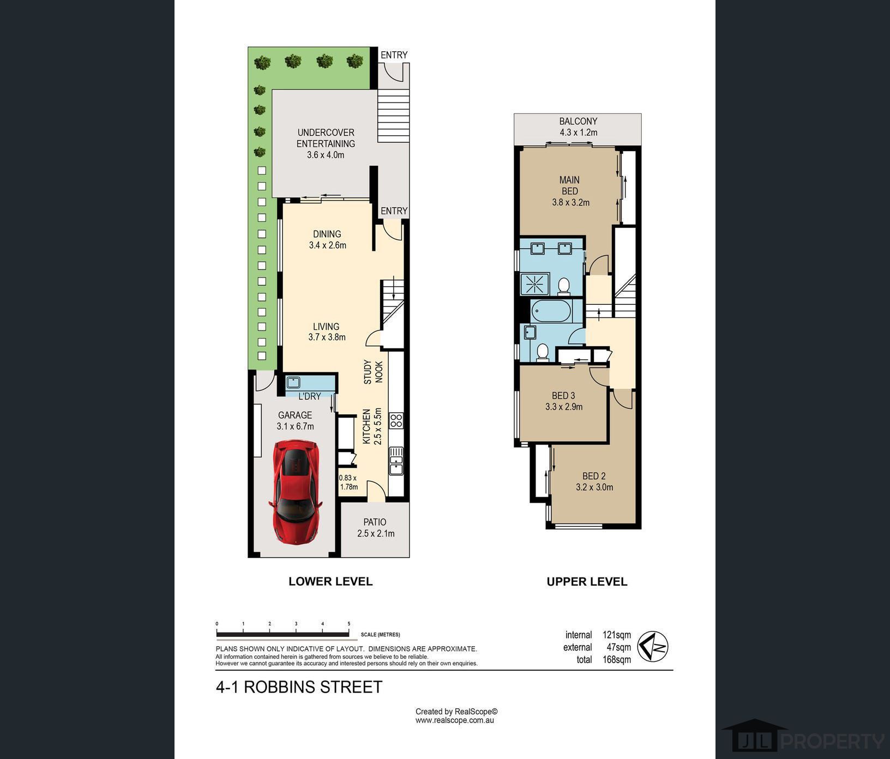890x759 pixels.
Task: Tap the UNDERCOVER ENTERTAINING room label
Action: pos(326,143)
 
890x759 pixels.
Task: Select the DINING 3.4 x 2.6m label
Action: pos(327,239)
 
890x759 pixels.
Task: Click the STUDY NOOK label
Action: pos(373,372)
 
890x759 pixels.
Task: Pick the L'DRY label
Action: pos(309,396)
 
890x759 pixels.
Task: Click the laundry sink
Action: pos(293,382)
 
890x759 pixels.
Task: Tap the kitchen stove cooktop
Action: pos(396,420)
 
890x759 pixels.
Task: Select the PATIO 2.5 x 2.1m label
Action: pos(376,528)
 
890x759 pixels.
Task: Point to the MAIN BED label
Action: pos(570,191)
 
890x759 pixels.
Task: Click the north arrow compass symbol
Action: pos(653,646)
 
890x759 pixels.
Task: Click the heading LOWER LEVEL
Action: pos(330,581)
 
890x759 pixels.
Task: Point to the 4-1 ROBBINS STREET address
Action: pos(299,687)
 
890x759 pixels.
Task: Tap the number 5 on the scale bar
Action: pos(348,624)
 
